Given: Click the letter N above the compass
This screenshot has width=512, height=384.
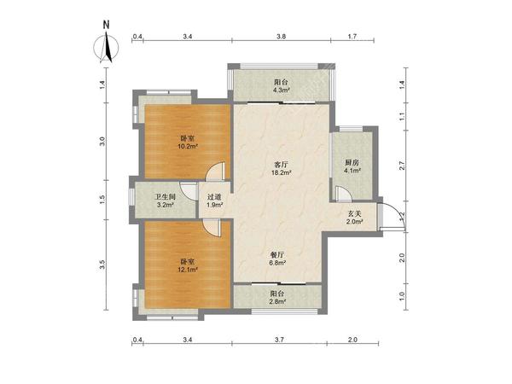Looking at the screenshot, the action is (106, 25).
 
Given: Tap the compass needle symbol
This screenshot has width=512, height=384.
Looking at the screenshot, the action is (107, 49).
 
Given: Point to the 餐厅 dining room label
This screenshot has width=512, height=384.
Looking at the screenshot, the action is (278, 254).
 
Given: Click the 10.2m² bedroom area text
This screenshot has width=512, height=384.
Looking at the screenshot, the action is (188, 146).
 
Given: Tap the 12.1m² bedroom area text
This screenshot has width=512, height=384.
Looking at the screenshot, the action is (188, 270).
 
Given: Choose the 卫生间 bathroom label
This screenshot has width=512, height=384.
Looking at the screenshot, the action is (165, 197).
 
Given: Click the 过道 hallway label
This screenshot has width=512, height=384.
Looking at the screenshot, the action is (214, 197).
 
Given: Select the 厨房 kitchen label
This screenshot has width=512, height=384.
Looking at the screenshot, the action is (352, 162).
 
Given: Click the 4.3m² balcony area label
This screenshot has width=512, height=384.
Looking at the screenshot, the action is (282, 90).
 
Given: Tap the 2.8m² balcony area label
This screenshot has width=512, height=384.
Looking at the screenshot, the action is (278, 302).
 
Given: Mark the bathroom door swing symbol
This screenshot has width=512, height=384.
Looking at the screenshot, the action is (189, 191).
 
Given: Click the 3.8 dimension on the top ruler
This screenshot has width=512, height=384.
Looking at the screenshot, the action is (281, 37).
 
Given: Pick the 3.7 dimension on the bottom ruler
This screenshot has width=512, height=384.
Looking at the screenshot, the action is (279, 340).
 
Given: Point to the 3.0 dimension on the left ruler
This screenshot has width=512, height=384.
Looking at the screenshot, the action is (102, 142).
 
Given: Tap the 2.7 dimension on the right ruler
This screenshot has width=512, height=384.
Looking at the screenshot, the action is (402, 166).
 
